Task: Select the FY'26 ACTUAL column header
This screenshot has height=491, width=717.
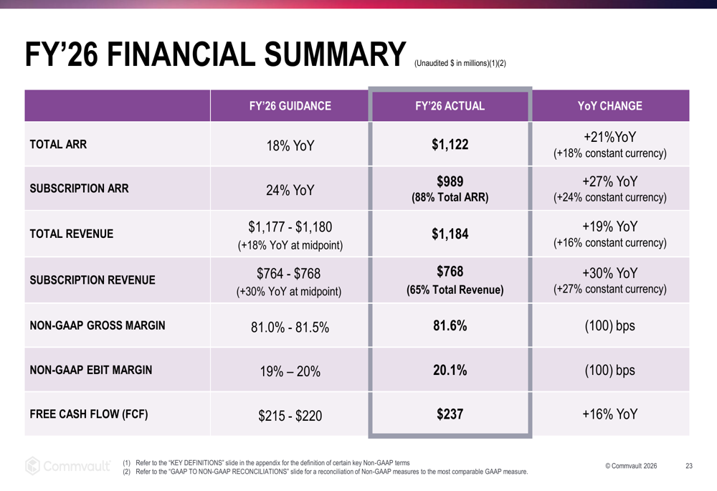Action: [450, 106]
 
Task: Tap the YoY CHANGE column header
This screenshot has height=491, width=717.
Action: [609, 106]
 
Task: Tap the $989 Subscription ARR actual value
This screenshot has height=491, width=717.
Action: [450, 181]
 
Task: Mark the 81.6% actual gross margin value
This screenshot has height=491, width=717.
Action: [450, 325]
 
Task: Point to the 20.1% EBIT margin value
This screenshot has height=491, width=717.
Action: [450, 371]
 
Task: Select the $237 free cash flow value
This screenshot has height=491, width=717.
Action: [450, 414]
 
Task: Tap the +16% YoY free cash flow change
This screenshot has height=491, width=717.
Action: [609, 415]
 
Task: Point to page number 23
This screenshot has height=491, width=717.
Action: [689, 467]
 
